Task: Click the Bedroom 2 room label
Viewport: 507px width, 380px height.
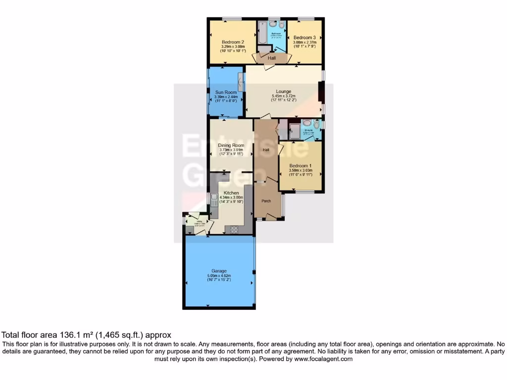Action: pos(233,42)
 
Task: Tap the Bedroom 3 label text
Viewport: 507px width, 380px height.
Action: pos(304,38)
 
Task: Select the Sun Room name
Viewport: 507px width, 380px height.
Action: pos(225,93)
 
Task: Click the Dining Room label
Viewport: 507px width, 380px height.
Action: pos(232,145)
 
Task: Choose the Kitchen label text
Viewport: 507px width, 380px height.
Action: pos(231,193)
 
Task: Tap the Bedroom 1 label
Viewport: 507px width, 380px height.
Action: pos(301,166)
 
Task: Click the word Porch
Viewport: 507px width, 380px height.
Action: pos(266,201)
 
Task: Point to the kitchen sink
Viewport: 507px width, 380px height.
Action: pos(212,200)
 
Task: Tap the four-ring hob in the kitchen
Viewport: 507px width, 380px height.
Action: pos(233,229)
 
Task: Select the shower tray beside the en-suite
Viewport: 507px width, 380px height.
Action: pos(294,130)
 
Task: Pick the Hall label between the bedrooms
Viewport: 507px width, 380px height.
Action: pos(272,58)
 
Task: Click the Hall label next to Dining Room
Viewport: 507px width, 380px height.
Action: pos(266,150)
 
